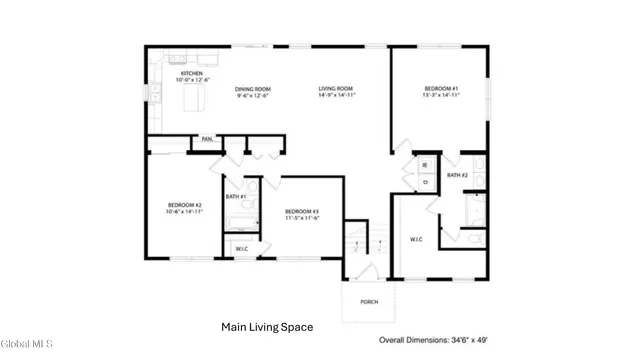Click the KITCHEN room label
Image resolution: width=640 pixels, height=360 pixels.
coord(191,74)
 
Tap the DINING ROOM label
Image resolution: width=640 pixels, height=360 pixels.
coord(252,89)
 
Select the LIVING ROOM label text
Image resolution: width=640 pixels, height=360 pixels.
coord(336,89)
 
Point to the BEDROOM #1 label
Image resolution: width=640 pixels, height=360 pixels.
coord(441,89)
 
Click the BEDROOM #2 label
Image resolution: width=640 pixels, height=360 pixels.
coord(184,205)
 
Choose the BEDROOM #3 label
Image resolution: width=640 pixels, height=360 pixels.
coord(301,211)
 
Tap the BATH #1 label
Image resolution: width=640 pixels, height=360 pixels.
coord(236,197)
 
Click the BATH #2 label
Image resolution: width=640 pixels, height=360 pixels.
coord(458,175)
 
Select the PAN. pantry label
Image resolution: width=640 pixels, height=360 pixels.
coord(208,139)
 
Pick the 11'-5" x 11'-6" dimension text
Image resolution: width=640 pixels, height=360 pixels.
coord(301,219)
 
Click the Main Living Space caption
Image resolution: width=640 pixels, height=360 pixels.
coord(267,327)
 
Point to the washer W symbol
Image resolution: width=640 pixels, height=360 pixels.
coord(424,165)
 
